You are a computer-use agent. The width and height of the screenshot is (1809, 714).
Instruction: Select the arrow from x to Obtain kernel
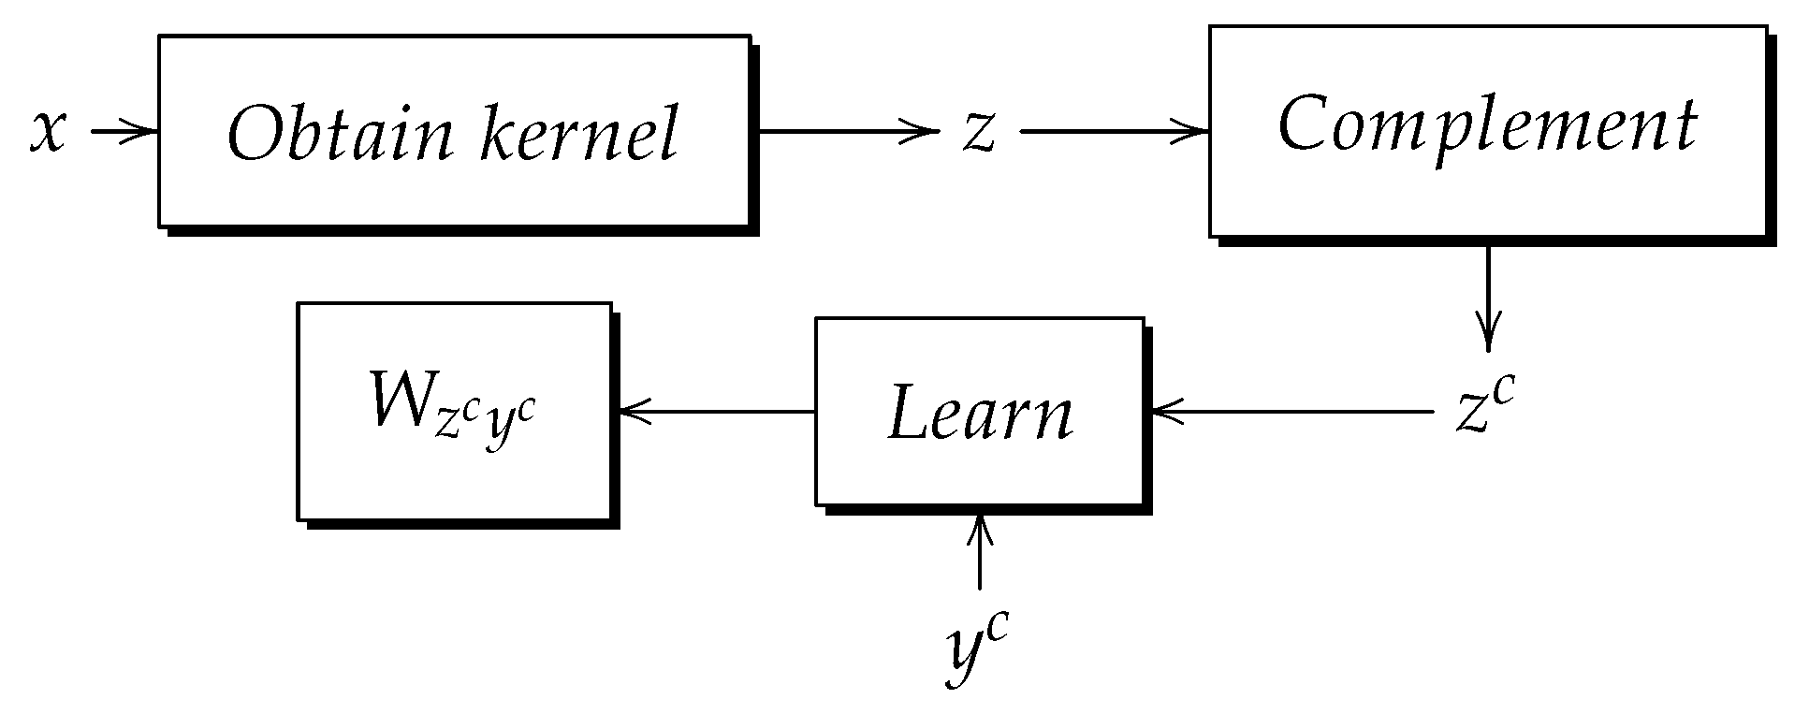[x=122, y=131]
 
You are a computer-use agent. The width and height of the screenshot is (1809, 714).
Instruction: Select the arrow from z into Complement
[x=1114, y=131]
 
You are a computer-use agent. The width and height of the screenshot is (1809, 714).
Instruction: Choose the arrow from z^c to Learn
[x=1291, y=411]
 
